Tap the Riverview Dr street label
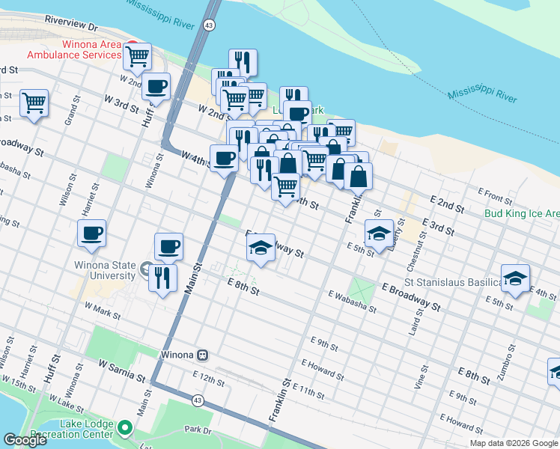coord(72,22)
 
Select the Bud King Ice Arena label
coord(520,213)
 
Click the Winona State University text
coord(105,270)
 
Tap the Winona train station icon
coord(202,354)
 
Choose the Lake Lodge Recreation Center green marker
coord(124,428)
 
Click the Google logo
coord(25,441)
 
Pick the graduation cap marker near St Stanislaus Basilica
coord(515,278)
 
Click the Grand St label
coord(72,111)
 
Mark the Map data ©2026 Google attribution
coord(514,443)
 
